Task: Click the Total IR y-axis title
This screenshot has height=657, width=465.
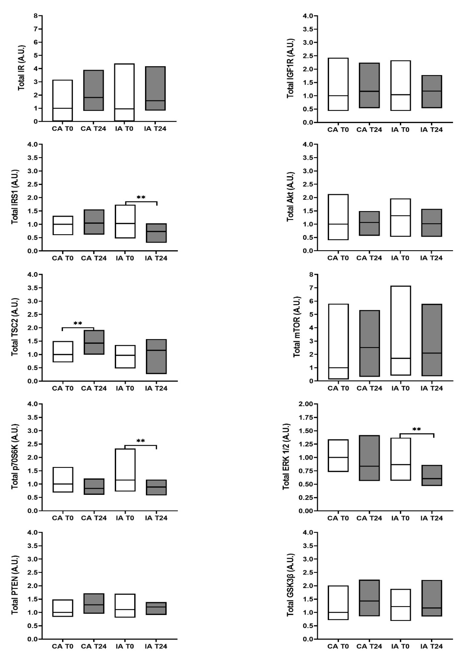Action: point(21,67)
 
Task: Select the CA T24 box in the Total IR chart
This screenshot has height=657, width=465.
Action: point(94,90)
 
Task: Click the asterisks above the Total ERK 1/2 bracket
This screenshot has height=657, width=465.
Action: point(417,429)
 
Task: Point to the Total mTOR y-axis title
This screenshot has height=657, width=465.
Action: point(297,327)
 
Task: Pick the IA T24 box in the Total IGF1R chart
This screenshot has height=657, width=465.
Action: point(431,92)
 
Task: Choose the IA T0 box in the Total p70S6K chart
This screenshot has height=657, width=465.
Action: point(125,470)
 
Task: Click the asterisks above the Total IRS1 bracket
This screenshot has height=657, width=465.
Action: point(141,198)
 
